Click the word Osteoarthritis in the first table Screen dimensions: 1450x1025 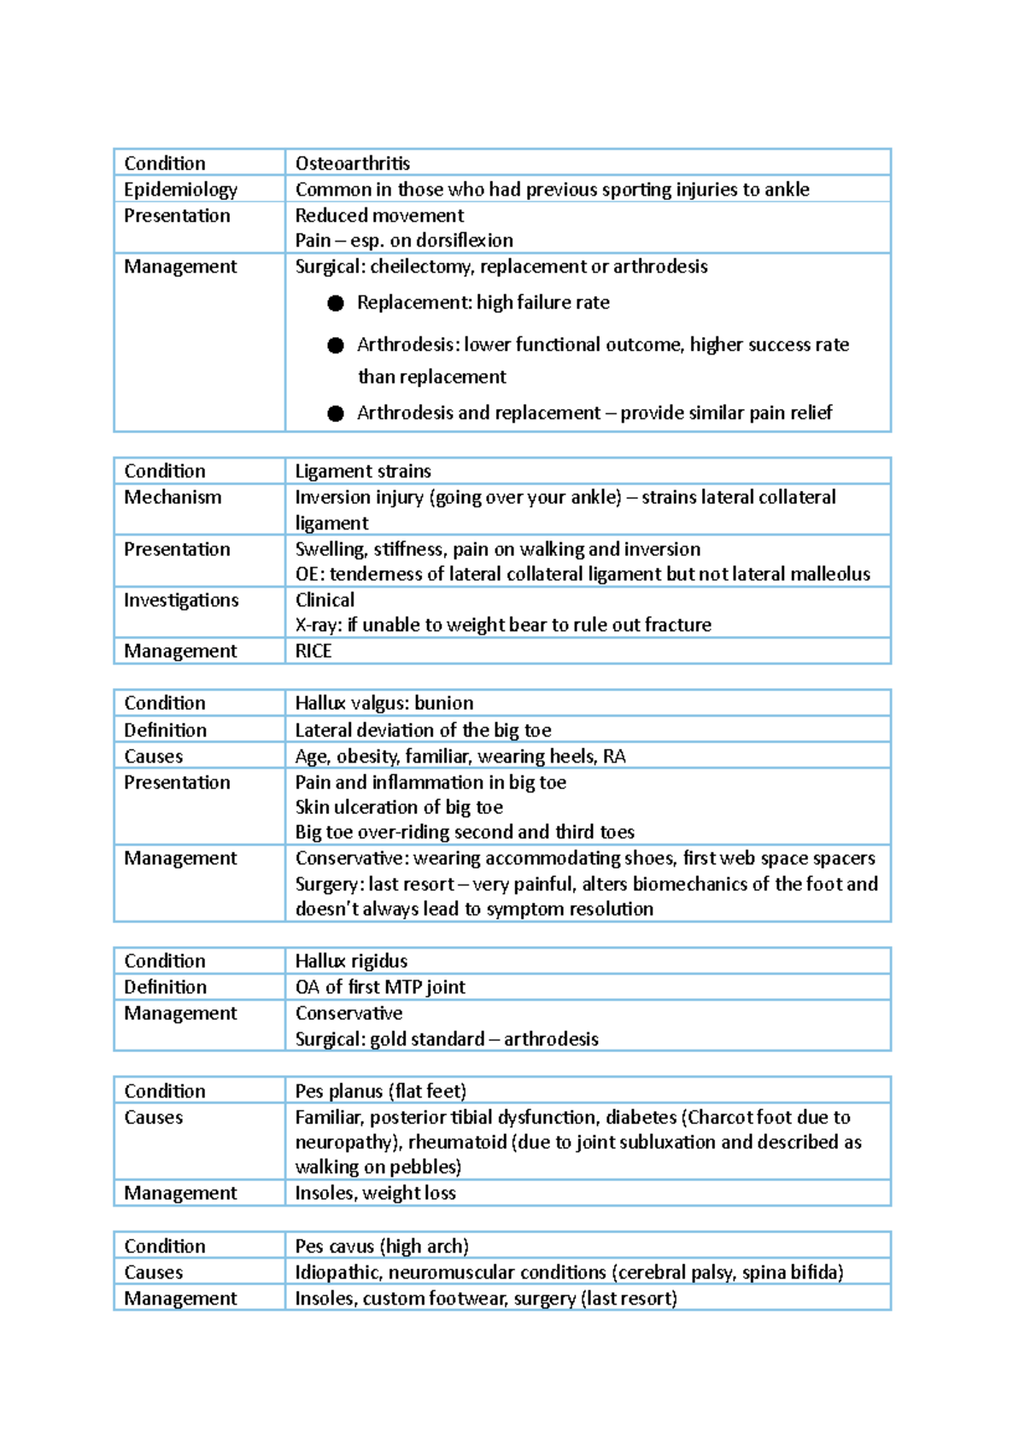[x=352, y=163]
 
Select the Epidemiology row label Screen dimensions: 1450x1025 [x=180, y=190]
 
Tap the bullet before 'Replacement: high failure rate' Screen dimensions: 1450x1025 [x=336, y=303]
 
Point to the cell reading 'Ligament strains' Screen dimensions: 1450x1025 [x=363, y=471]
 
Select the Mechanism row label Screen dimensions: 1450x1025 [x=173, y=497]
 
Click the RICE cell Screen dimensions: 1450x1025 [x=313, y=651]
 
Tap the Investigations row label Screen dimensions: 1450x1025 [x=181, y=600]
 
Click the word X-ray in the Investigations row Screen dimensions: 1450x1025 [x=317, y=625]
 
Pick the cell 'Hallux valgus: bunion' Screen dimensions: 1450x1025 [x=384, y=703]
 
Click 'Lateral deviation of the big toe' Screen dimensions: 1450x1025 [x=423, y=730]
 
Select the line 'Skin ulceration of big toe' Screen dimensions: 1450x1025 [x=399, y=807]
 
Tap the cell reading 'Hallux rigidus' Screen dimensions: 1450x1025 [x=351, y=961]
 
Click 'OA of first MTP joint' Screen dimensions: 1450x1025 [x=380, y=987]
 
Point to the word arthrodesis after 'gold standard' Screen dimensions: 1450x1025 [x=551, y=1039]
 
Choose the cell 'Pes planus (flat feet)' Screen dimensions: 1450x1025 [x=380, y=1091]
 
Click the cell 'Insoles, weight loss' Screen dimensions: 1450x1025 [x=375, y=1193]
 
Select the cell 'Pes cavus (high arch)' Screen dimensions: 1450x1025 [x=382, y=1246]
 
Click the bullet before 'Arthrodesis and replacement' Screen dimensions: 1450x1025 [x=336, y=413]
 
